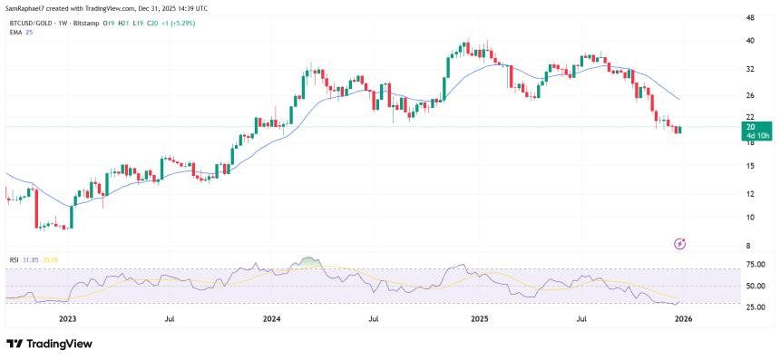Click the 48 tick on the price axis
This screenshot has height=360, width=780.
point(750,17)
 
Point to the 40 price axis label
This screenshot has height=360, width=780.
point(750,41)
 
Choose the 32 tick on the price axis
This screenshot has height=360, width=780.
point(750,69)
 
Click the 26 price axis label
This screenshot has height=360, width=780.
point(750,95)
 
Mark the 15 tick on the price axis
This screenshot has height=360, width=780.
point(750,166)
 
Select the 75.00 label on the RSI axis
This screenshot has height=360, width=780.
point(756,265)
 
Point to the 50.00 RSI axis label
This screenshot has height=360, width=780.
point(756,286)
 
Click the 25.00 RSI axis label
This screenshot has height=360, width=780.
point(756,306)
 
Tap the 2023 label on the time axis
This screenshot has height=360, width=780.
point(67,319)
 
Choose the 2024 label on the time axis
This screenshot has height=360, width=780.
point(271,319)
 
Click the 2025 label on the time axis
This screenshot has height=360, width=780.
point(479,319)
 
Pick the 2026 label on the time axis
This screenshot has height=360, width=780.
point(686,319)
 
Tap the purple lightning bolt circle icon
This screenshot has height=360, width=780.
point(680,243)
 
